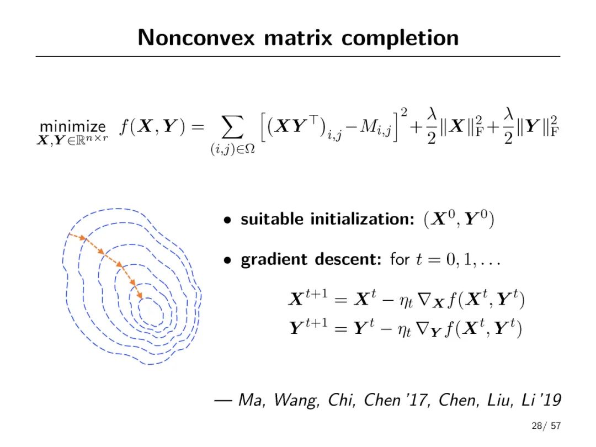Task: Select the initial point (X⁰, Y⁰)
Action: [459, 219]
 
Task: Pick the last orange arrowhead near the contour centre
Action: [140, 295]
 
